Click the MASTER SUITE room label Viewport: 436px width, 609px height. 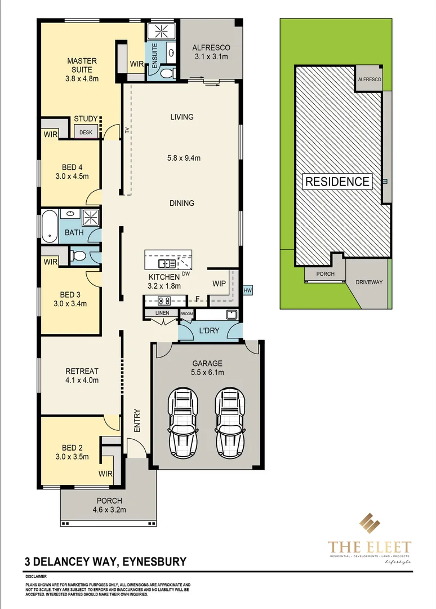[82, 69]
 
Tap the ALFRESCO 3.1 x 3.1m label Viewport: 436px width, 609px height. [211, 52]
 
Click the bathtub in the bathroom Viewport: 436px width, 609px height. [48, 226]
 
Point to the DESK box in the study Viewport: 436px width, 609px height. [86, 133]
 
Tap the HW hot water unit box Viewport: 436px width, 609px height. [248, 290]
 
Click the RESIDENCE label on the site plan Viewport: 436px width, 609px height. [338, 182]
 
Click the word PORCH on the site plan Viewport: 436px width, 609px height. [325, 274]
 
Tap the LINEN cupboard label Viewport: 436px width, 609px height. [162, 313]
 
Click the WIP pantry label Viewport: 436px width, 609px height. [219, 283]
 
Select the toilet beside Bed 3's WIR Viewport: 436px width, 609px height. [79, 257]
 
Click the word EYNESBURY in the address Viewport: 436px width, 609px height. [153, 562]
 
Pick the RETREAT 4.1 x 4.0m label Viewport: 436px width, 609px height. [82, 376]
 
